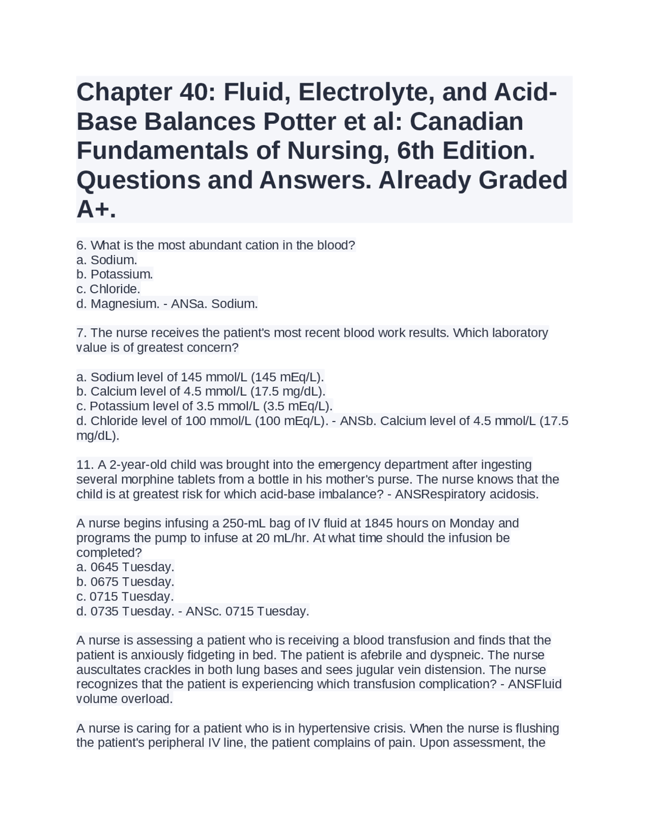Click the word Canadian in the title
point(466,122)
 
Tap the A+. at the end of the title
point(96,209)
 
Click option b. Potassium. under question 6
point(115,274)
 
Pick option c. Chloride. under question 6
point(108,289)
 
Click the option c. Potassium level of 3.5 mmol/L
point(204,406)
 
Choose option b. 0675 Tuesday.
point(125,582)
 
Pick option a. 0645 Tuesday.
point(125,567)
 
